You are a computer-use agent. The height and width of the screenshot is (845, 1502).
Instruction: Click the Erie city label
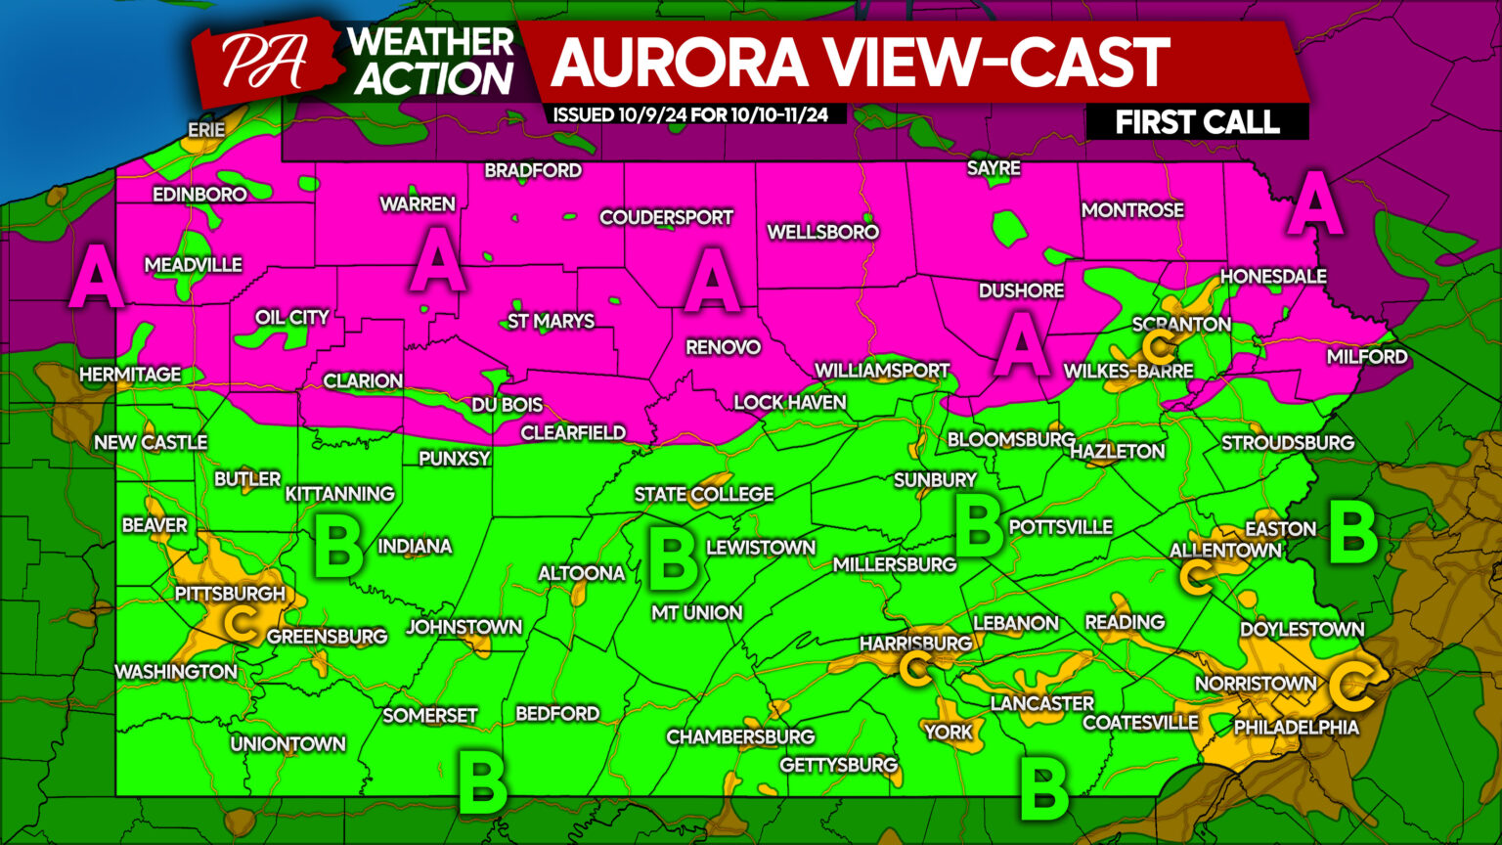point(206,130)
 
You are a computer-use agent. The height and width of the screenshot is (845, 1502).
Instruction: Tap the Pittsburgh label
point(230,594)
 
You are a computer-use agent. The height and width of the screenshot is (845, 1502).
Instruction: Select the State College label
point(704,495)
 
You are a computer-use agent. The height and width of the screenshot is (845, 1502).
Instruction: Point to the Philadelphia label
point(1296,728)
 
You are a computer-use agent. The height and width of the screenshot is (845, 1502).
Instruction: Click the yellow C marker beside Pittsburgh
point(240,622)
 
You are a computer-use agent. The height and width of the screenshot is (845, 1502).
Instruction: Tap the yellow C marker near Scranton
point(1158,346)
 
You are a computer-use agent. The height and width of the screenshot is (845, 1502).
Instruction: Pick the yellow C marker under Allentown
point(1194,577)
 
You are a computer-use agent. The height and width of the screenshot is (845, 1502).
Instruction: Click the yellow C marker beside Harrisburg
point(915,669)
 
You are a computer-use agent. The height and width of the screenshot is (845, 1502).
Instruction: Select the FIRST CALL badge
point(1197,122)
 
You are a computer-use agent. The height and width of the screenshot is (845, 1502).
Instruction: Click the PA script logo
point(262,63)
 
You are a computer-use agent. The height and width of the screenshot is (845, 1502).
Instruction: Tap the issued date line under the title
point(690,115)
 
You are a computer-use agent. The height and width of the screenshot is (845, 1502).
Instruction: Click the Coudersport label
point(666,217)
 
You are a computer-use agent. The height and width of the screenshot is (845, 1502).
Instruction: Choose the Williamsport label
point(882,371)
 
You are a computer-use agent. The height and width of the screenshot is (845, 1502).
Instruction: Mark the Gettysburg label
point(838,765)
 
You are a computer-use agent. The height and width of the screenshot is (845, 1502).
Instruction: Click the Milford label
point(1366,357)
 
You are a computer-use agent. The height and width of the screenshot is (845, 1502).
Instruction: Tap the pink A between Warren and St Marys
point(436,261)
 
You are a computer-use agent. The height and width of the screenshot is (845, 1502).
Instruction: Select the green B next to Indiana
point(338,548)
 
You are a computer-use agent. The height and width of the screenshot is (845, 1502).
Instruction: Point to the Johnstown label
point(464,627)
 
